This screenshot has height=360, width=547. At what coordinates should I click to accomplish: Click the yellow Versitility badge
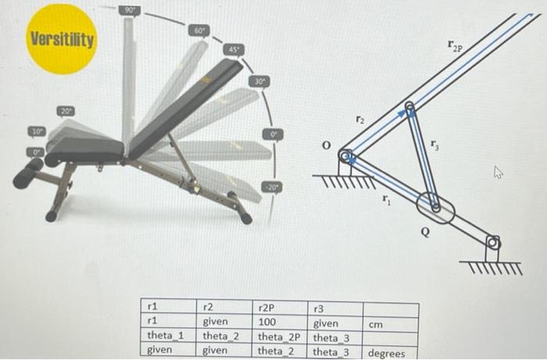62,38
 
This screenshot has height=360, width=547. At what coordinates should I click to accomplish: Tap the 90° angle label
128,9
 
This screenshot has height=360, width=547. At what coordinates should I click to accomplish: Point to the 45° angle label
234,49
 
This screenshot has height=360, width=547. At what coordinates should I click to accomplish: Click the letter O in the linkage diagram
327,146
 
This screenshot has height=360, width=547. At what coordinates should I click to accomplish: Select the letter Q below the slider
426,232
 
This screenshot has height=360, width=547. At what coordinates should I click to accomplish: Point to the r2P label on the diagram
456,47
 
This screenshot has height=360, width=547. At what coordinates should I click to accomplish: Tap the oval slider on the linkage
434,209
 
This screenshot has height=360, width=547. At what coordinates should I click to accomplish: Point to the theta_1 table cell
165,337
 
